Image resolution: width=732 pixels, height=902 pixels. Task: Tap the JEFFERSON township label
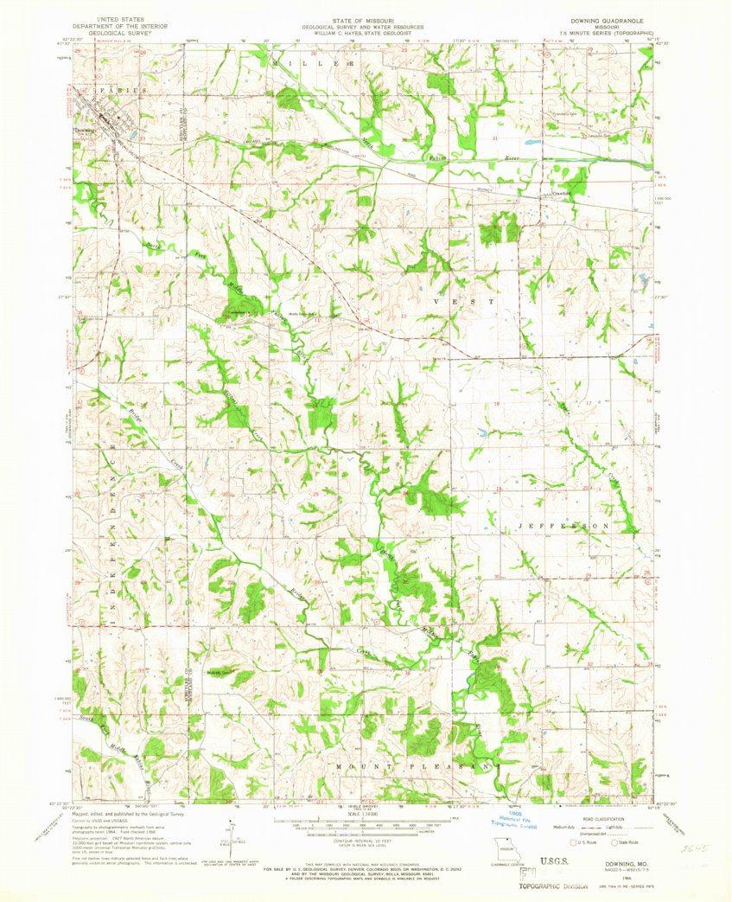[563, 525]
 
